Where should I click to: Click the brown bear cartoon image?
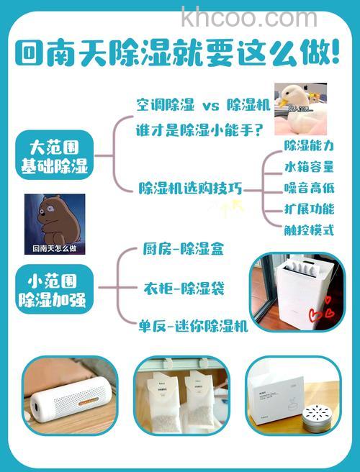tap(54, 224)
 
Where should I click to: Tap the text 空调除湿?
tap(165, 105)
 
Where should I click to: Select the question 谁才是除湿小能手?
tap(199, 130)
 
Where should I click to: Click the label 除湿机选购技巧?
tap(189, 189)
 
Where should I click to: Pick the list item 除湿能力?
tap(309, 146)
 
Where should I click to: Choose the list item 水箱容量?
tap(309, 167)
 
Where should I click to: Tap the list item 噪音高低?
tap(309, 188)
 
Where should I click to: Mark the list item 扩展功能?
tap(309, 209)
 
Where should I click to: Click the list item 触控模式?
tap(309, 230)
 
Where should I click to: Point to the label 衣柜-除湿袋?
tap(184, 289)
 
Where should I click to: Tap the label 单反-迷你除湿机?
tap(193, 324)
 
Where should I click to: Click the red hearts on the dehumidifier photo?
tap(318, 314)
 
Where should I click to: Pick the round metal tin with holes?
tap(318, 414)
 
